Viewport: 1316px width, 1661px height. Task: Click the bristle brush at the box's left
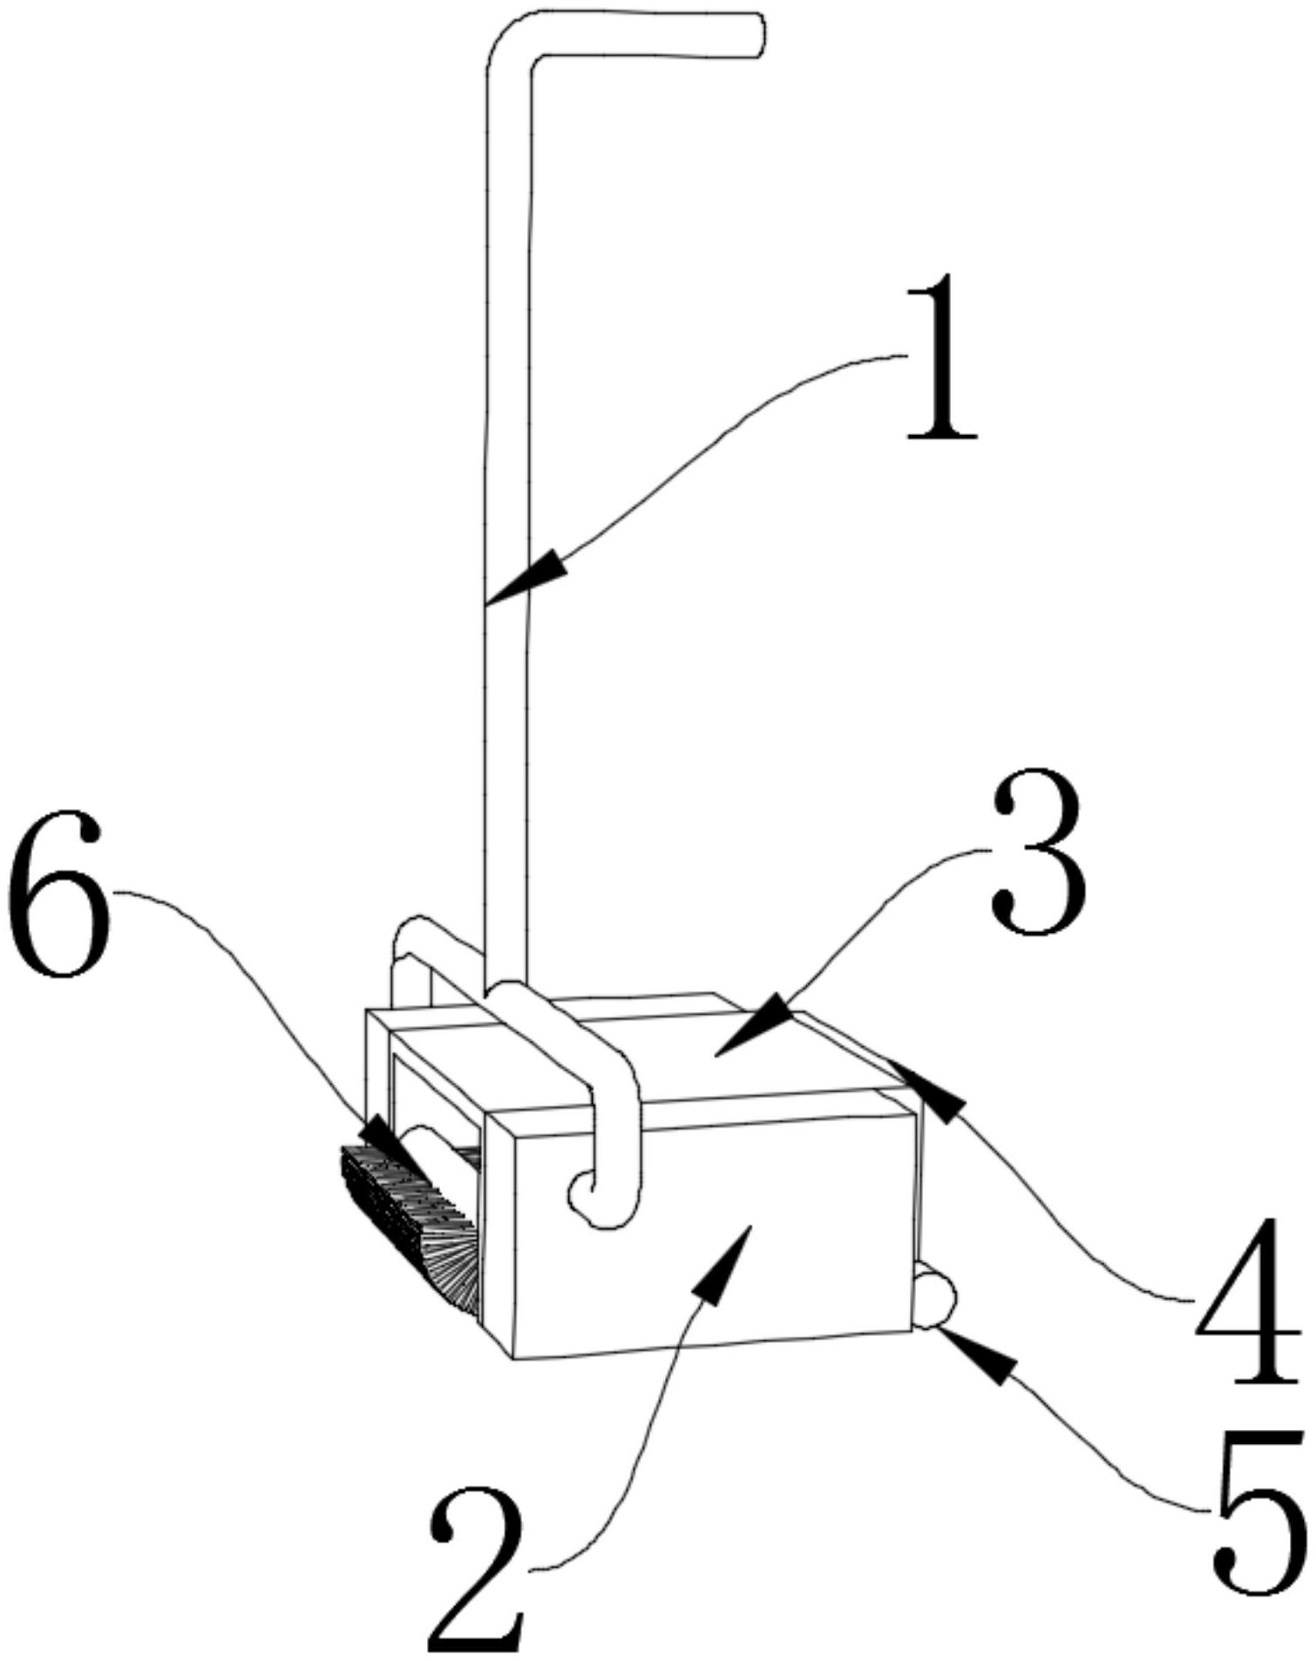(410, 1225)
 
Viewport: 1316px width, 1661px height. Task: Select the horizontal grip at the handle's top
(649, 35)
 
